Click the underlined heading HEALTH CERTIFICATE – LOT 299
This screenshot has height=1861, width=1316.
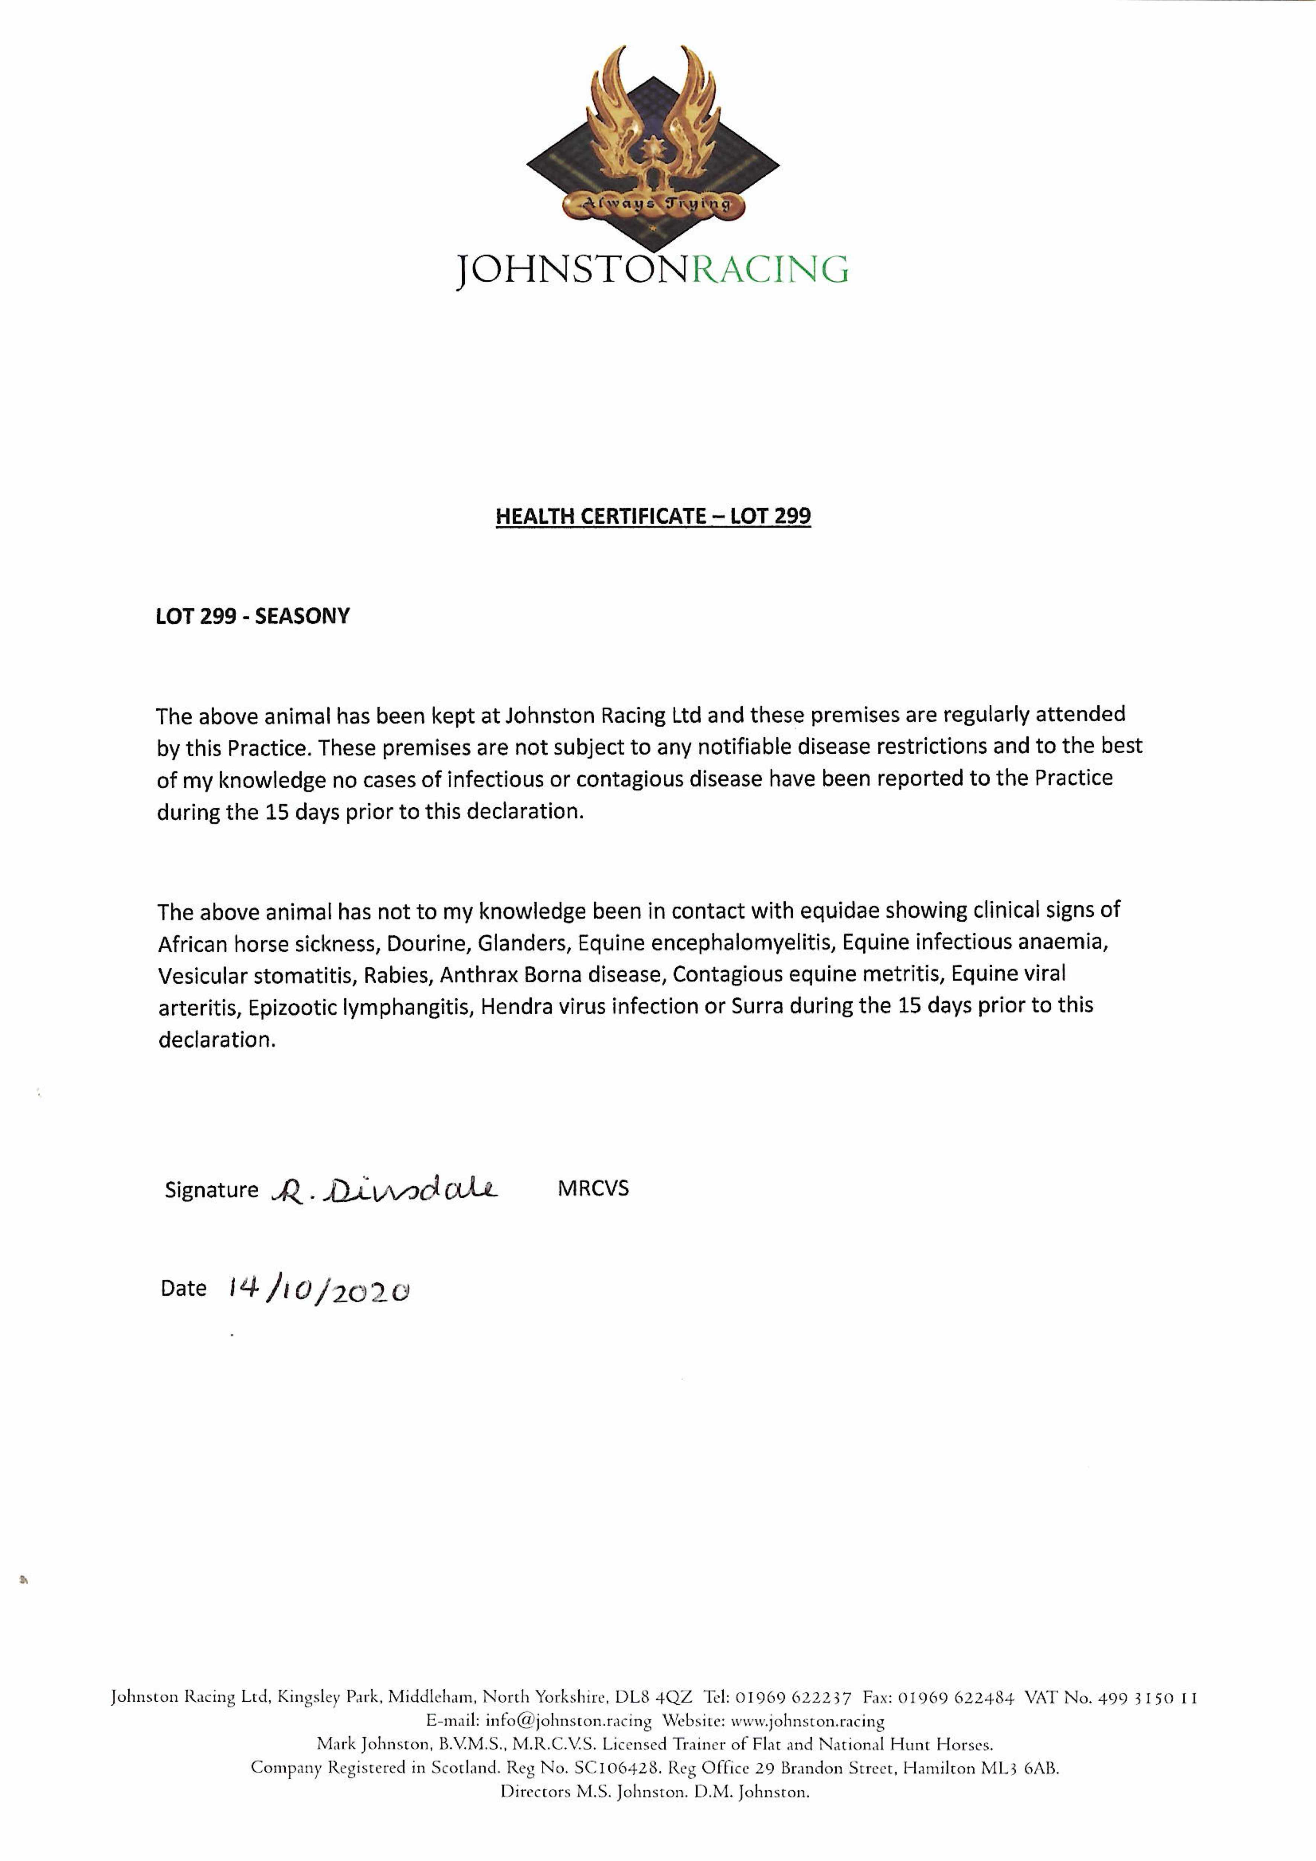[653, 516]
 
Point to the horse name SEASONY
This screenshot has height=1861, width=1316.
[302, 616]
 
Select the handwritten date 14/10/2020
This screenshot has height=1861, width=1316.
[318, 1289]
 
